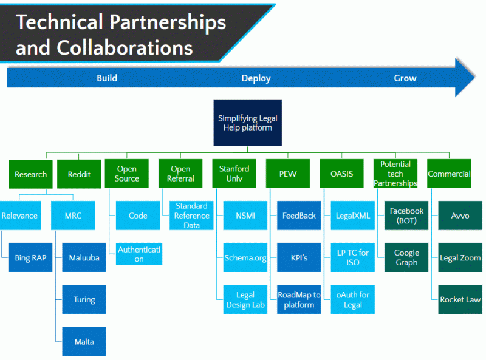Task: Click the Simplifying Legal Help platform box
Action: click(248, 123)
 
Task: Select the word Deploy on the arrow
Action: click(256, 78)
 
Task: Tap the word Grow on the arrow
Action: click(405, 78)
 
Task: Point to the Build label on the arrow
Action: click(107, 78)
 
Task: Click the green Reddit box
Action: click(79, 174)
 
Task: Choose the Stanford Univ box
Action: click(234, 174)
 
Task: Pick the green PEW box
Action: click(288, 174)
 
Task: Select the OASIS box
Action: click(341, 174)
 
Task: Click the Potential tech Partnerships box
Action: click(395, 174)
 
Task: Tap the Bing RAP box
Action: click(30, 257)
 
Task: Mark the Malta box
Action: click(84, 341)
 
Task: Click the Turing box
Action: click(84, 299)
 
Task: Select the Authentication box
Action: click(139, 254)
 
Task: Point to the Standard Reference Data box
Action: click(191, 216)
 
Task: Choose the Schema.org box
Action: click(245, 257)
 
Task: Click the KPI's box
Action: click(299, 257)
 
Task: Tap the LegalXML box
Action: click(353, 216)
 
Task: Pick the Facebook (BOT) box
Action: click(406, 216)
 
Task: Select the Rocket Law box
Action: click(460, 299)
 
